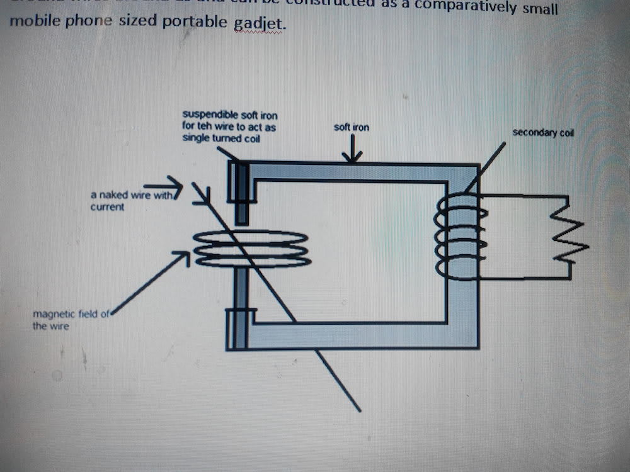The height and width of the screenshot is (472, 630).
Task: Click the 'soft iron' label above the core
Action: (x=352, y=128)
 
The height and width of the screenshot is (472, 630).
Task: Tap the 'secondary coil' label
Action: (x=542, y=133)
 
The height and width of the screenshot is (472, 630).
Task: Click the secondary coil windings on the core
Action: (x=460, y=237)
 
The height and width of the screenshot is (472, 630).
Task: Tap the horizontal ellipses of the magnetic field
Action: (x=252, y=249)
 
